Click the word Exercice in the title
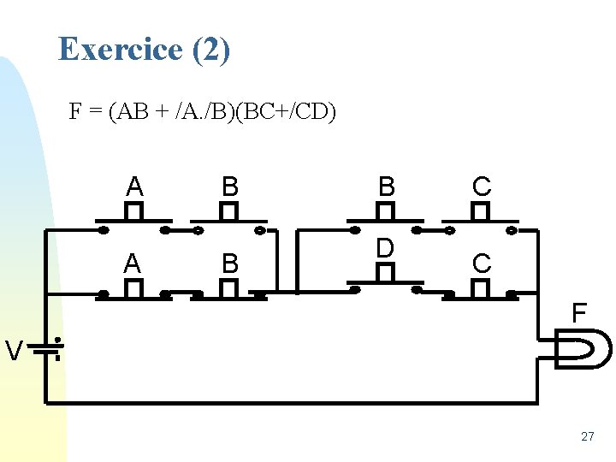[120, 49]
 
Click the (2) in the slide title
[211, 49]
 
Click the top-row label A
[134, 186]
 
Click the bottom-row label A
[133, 264]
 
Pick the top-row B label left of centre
[229, 186]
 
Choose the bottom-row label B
[229, 264]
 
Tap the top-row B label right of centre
[387, 186]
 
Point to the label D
[386, 248]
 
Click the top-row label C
[482, 186]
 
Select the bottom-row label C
[482, 264]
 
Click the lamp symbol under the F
[584, 349]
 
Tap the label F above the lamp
[579, 313]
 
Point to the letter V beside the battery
[14, 350]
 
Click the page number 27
[587, 436]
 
